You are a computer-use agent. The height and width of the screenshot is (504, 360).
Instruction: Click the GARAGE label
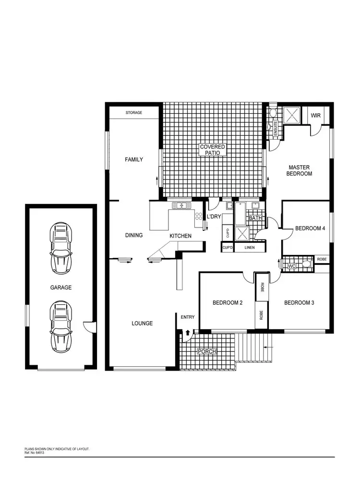click(61, 288)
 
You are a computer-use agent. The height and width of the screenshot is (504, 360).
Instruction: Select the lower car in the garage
click(61, 326)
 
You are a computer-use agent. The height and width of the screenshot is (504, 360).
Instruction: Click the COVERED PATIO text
click(213, 149)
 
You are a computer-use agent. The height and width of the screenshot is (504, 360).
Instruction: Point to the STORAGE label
click(134, 113)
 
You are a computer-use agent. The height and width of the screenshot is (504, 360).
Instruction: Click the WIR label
click(316, 116)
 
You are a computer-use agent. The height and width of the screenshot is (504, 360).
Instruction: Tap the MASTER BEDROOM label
click(299, 170)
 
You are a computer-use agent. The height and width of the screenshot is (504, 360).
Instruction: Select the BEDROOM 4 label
click(310, 228)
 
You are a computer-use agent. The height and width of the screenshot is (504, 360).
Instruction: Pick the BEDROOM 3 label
click(299, 303)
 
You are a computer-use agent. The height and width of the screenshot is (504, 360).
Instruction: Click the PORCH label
click(207, 352)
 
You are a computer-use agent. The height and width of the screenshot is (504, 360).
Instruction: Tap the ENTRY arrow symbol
click(187, 332)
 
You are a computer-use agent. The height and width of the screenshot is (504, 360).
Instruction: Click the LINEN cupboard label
click(249, 248)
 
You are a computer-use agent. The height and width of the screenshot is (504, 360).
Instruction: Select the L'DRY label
click(214, 217)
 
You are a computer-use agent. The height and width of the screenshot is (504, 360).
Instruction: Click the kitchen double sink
click(181, 206)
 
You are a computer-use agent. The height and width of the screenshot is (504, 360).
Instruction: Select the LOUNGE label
click(142, 324)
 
